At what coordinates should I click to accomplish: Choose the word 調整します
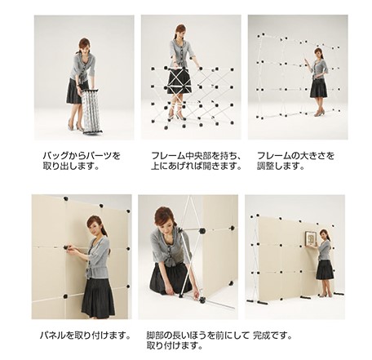(279, 167)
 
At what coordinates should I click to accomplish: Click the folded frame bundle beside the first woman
(91, 109)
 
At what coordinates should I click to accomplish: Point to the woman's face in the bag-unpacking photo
(84, 46)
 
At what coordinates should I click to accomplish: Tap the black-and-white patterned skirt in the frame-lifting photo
(179, 80)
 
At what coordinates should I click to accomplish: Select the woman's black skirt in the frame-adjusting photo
(318, 88)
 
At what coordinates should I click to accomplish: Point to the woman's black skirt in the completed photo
(325, 269)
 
